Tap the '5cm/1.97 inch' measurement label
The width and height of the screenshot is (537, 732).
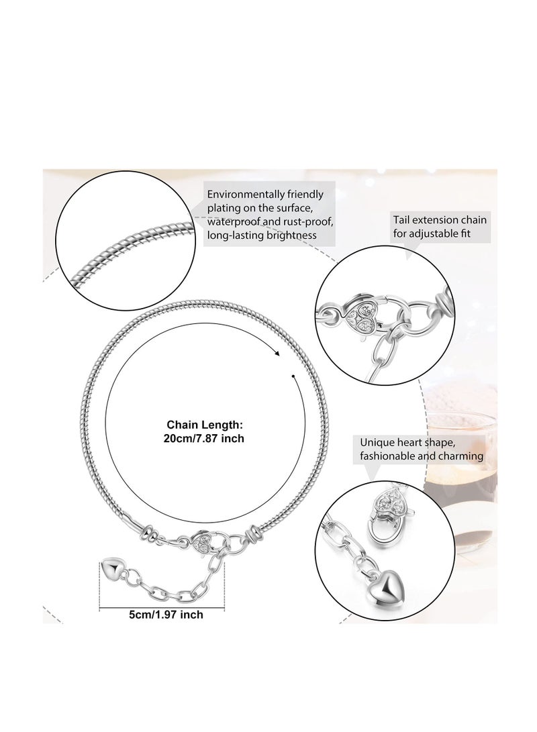(x=166, y=615)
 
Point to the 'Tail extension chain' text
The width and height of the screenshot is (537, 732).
(x=440, y=219)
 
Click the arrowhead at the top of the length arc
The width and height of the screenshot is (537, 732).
(x=278, y=354)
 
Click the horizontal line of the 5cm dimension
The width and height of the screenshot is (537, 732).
(x=162, y=607)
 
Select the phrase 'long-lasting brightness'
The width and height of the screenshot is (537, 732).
(x=262, y=235)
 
